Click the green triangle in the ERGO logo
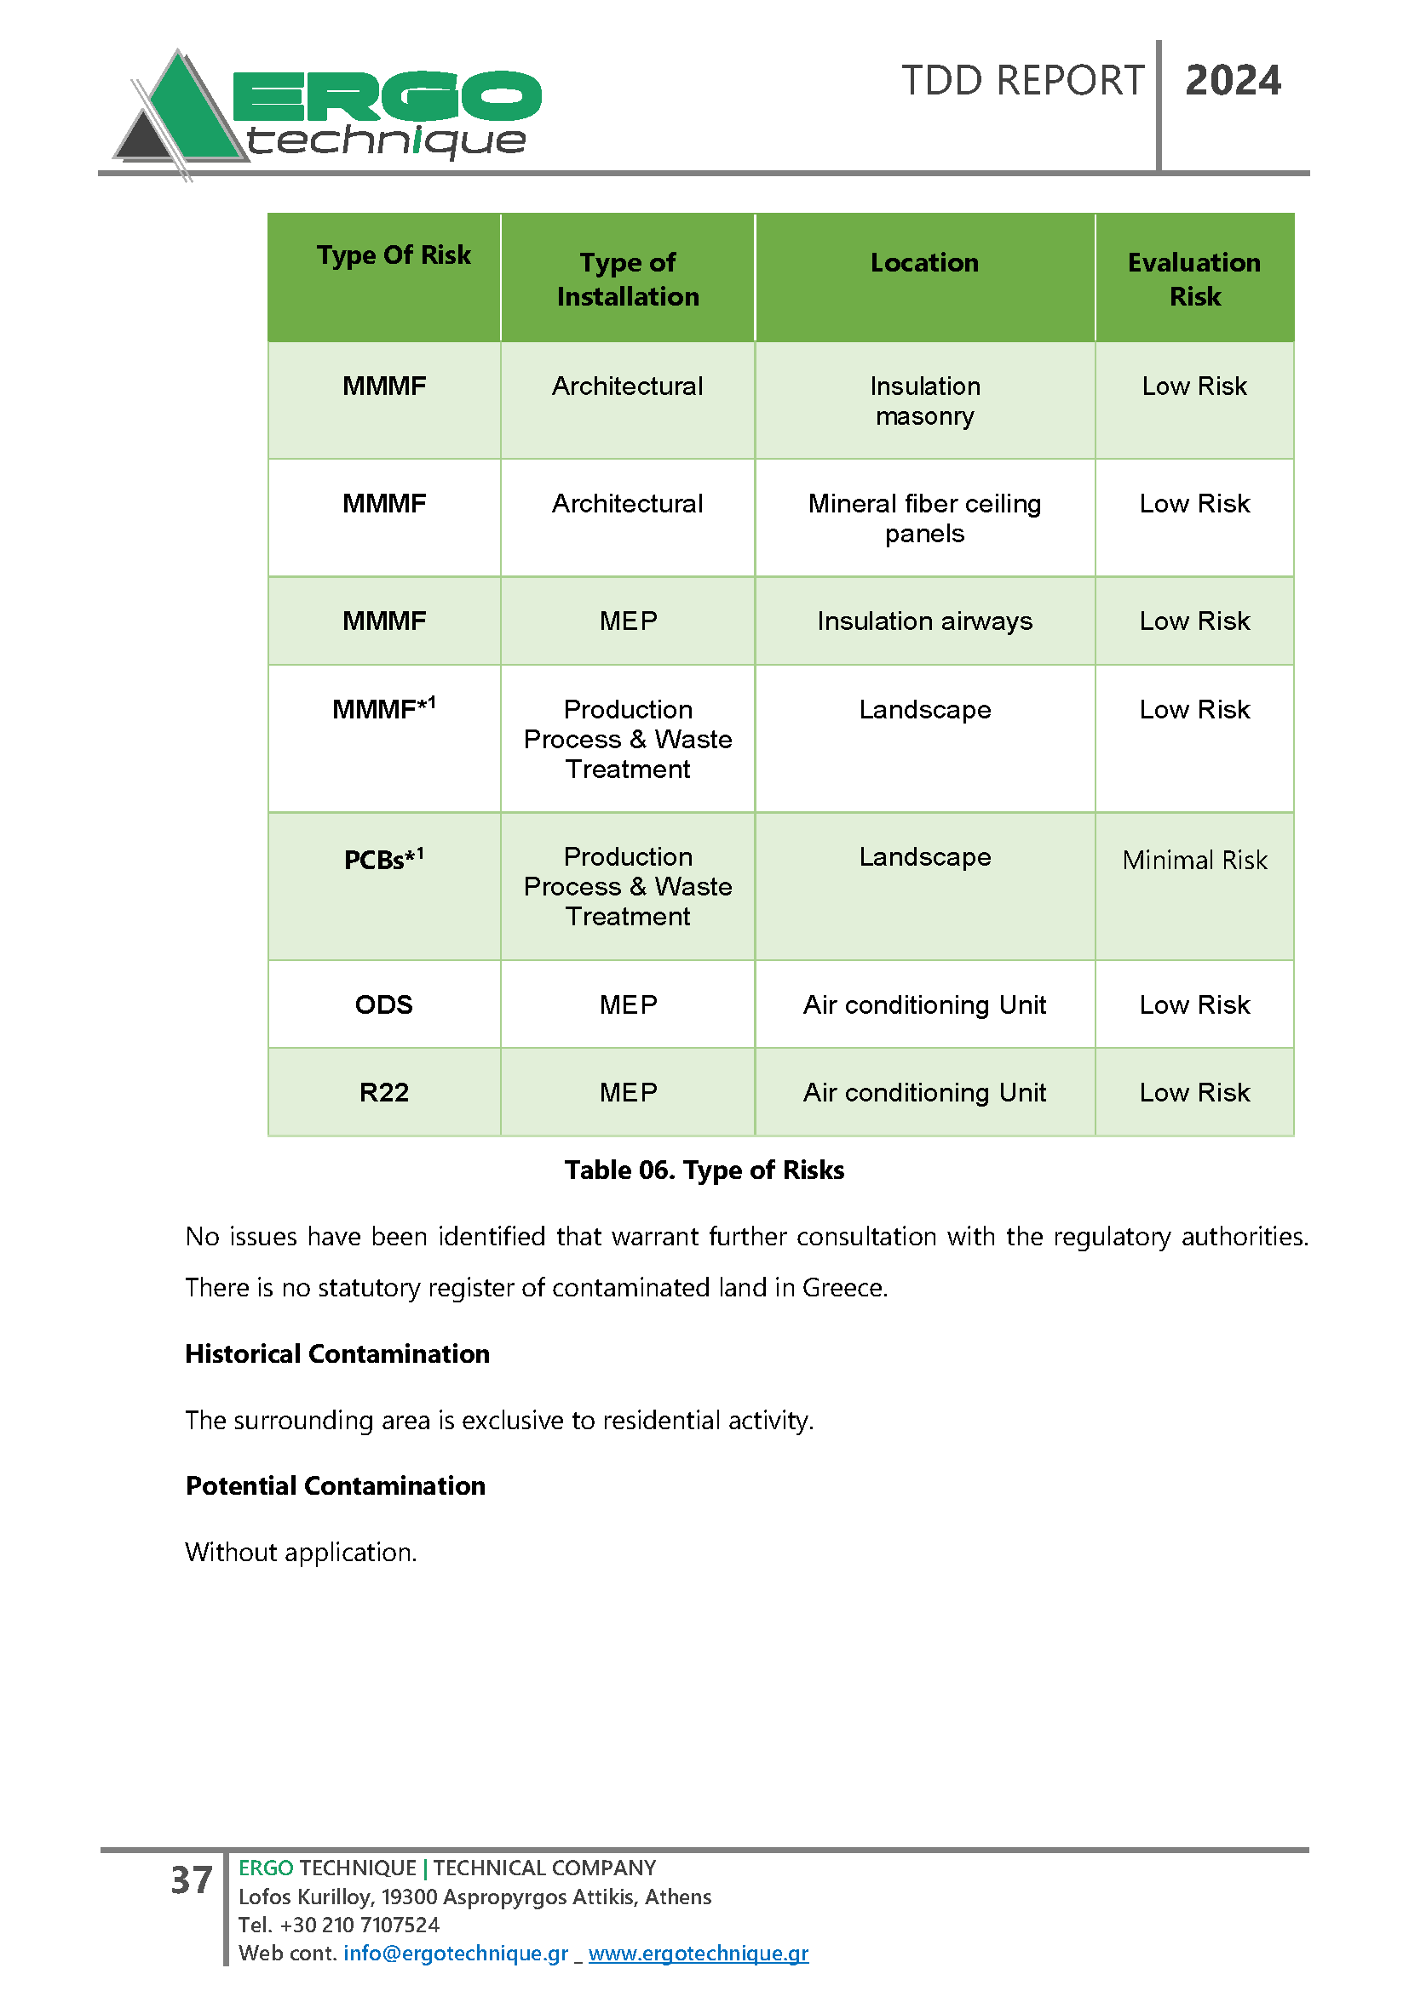(187, 112)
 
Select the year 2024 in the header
(1232, 81)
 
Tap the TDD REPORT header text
(1022, 81)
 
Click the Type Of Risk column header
(393, 255)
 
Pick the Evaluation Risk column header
(1193, 278)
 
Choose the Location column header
(924, 262)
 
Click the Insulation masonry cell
(924, 401)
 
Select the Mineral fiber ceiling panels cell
(924, 518)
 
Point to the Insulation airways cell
(924, 621)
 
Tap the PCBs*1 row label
(383, 859)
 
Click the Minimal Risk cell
(1193, 860)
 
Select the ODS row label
(383, 1004)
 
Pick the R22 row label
(383, 1092)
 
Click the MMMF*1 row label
(383, 708)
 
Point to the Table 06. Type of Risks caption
(704, 1170)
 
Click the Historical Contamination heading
(336, 1353)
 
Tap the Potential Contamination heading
(335, 1485)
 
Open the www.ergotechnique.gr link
(698, 1953)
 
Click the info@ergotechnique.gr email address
(456, 1953)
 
